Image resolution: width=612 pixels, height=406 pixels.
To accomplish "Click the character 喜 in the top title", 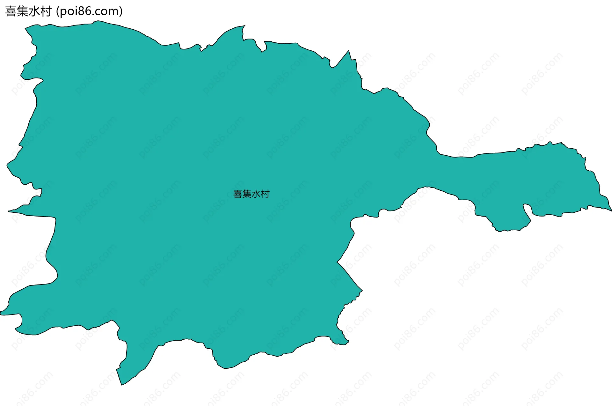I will coord(11,11).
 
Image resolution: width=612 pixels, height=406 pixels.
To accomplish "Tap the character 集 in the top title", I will coord(22,11).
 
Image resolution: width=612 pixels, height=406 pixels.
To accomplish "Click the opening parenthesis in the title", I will coord(57,11).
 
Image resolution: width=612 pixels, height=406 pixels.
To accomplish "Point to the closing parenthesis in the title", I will coord(121,11).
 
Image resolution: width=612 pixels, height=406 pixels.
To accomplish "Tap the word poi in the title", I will coord(69,11).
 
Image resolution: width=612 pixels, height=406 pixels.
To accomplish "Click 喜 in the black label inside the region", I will coord(238,194).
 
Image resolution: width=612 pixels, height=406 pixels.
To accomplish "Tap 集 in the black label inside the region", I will coord(247,194).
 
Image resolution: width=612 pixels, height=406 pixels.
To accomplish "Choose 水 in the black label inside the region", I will coord(256,194).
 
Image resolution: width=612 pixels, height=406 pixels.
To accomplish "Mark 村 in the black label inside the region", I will coord(265,194).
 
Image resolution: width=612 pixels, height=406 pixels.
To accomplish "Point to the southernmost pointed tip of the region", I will coord(122,384).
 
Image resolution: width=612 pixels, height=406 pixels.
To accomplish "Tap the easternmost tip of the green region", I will coord(610,210).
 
